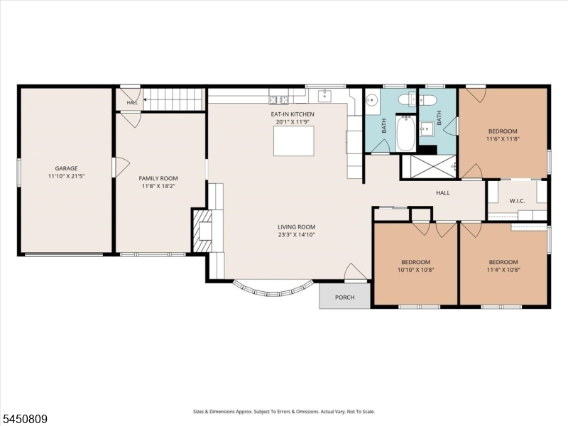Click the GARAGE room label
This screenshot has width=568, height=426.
66,168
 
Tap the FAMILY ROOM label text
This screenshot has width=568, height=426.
158,178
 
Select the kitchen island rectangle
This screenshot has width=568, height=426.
294,141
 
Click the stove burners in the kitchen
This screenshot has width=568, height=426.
278,99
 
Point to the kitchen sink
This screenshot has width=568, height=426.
324,96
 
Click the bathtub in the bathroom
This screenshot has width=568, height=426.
405,133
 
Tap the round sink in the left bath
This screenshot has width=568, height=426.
371,99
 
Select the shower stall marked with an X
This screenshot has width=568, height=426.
429,167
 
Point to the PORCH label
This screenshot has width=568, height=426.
345,297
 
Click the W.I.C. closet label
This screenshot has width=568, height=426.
518,201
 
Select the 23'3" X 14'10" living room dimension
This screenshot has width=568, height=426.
296,235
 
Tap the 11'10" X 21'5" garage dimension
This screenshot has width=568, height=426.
66,176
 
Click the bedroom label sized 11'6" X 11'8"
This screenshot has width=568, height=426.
503,131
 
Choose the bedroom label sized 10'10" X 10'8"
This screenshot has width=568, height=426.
415,262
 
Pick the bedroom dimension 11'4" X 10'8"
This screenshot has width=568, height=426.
503,270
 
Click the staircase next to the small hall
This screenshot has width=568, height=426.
174,99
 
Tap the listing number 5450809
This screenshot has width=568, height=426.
24,420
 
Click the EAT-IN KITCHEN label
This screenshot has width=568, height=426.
293,114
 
